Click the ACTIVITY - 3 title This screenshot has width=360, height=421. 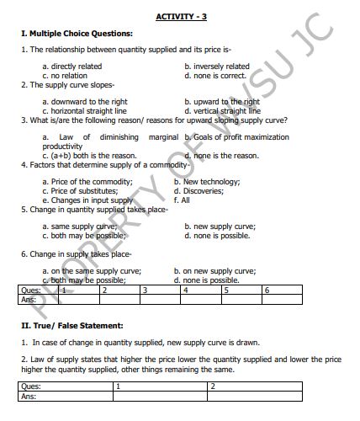point(181,18)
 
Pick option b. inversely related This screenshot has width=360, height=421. point(217,66)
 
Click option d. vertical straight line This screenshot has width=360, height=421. point(222,110)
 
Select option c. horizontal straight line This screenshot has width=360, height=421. point(84,110)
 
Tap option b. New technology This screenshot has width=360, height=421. point(205,181)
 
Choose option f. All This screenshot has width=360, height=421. point(182,200)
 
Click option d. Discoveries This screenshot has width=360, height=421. point(199,190)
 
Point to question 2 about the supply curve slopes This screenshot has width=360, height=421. point(68,85)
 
